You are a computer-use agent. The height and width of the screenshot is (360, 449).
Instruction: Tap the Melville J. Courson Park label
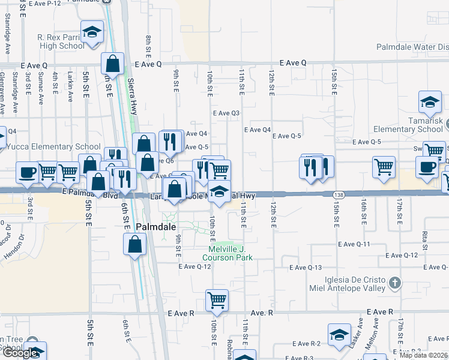tap(231, 253)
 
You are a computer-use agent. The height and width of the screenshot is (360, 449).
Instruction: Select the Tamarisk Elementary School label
tap(408, 129)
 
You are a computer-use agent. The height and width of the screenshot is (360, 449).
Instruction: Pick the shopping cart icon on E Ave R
tap(217, 300)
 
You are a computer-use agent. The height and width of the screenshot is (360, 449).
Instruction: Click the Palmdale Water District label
tap(412, 47)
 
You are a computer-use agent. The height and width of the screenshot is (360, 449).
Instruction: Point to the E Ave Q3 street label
tap(226, 113)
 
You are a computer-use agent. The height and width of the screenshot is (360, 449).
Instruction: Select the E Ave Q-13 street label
tap(306, 268)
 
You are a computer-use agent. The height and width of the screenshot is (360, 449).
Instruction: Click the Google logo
tap(20, 352)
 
